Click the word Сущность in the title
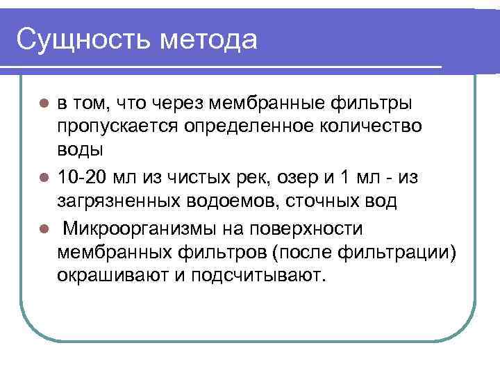[83, 39]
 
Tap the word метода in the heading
[208, 39]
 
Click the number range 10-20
[84, 178]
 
